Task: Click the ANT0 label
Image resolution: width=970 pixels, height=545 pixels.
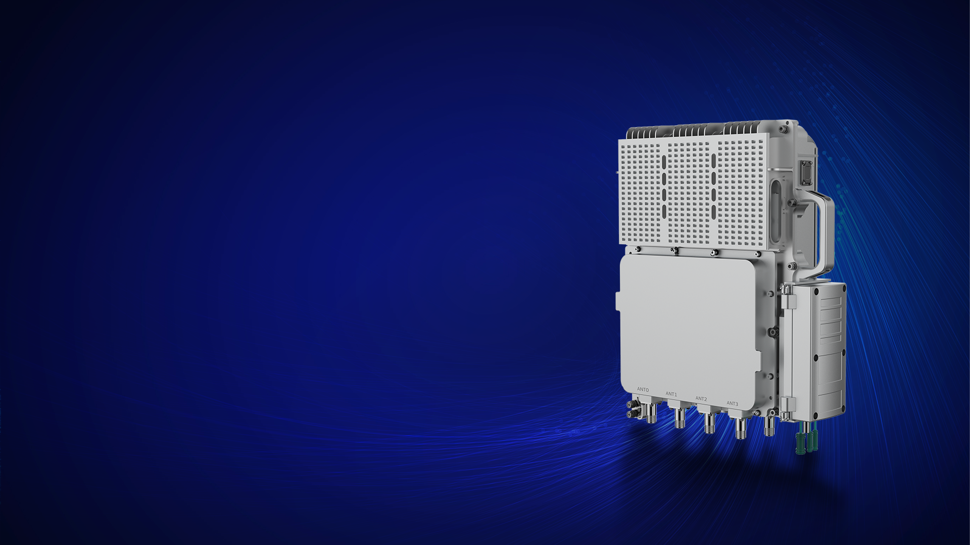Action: click(x=643, y=390)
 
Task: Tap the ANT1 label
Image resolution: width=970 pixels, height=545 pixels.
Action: click(x=671, y=394)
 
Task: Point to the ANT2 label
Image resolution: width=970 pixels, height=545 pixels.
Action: click(x=701, y=399)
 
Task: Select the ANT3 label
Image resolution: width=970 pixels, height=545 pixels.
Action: click(x=733, y=404)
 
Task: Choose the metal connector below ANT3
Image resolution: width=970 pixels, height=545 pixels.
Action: click(x=741, y=428)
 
